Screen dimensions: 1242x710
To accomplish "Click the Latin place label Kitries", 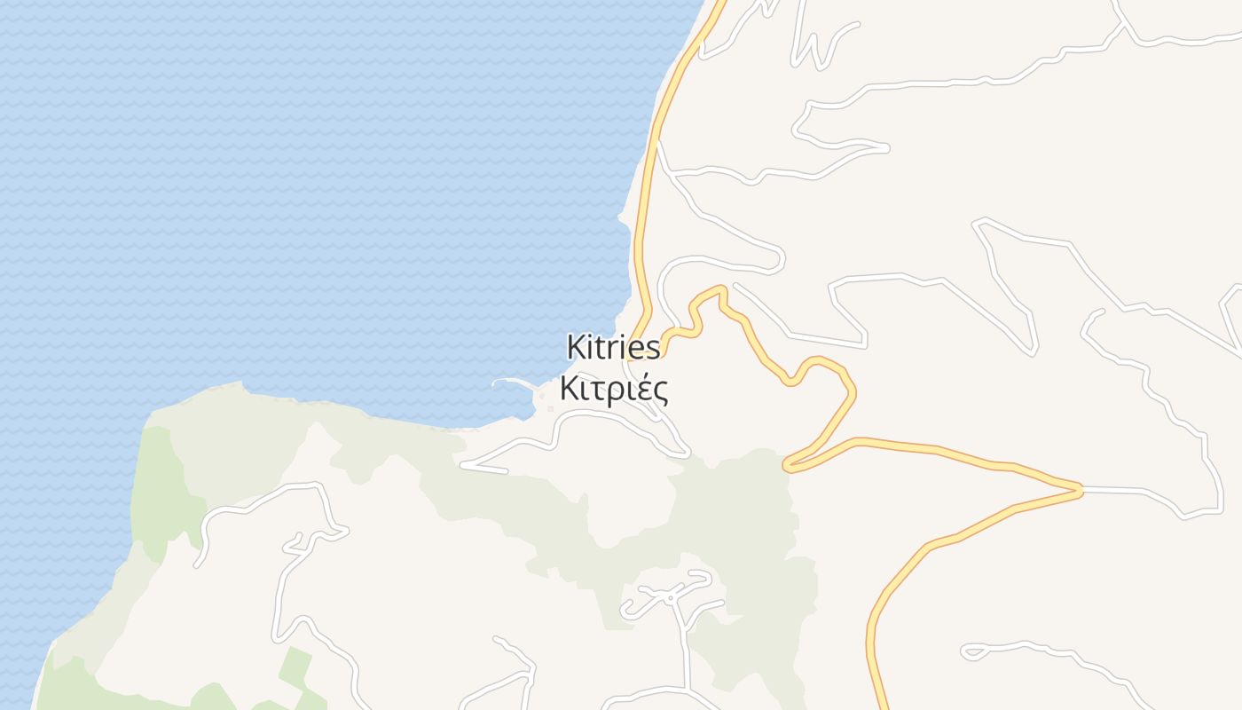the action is coord(614,347).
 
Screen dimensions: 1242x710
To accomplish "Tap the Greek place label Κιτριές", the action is coord(614,389).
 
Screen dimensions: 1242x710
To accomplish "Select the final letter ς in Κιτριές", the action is coord(660,391).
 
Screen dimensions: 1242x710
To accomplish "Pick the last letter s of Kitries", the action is coord(654,348).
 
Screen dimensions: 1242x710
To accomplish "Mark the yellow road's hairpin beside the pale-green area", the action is coord(787,464).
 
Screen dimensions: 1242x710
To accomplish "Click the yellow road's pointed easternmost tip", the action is coord(1081,489).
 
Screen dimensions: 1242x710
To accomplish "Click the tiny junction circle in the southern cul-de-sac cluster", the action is coord(671,598).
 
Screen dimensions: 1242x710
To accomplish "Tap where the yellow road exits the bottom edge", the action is coord(882,706).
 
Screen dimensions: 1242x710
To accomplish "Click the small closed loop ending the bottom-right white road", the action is coord(971,652).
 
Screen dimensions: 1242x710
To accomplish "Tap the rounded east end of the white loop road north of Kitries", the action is coord(781,260).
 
